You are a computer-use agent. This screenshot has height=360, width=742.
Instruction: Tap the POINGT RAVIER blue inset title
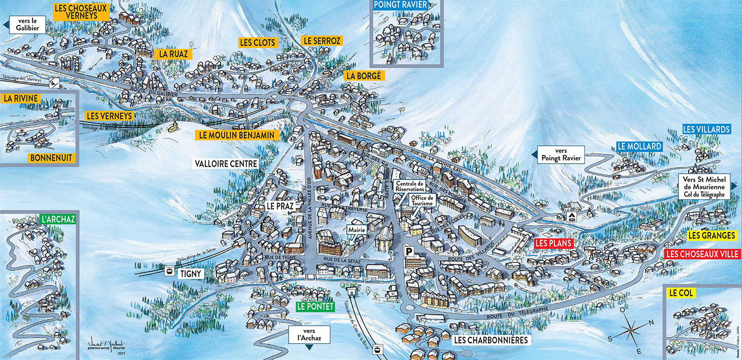[x=400, y=5]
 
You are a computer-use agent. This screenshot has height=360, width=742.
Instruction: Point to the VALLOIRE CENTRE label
[x=226, y=164]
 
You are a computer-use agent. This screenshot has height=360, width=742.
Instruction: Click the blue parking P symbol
[x=408, y=251]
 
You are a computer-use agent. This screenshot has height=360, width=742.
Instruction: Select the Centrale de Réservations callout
[x=410, y=187]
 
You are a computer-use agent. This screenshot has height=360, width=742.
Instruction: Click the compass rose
[x=630, y=332]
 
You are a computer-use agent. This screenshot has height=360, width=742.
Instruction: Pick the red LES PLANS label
[x=553, y=244]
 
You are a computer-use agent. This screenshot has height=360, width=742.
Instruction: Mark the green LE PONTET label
[x=316, y=307]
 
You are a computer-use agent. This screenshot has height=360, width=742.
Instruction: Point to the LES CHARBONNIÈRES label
[x=491, y=340]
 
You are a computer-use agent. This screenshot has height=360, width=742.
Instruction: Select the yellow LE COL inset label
[x=682, y=293]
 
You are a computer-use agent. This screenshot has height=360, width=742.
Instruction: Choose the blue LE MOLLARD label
[x=639, y=146]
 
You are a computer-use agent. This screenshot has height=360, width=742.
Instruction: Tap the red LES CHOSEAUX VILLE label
[x=702, y=254]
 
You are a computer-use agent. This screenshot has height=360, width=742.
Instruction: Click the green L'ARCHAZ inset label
[x=58, y=220]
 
